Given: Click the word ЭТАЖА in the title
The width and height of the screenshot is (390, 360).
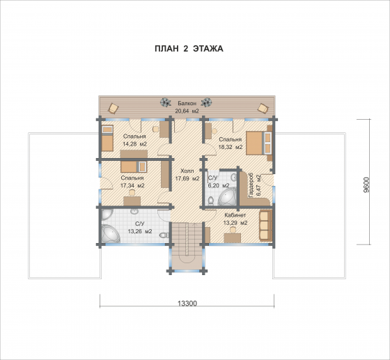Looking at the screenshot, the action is click(208, 49).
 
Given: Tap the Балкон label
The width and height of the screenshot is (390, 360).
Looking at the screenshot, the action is click(187, 104).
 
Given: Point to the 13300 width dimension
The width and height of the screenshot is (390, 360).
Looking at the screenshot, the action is click(187, 304).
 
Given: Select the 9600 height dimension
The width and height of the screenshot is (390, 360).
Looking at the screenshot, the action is click(366, 185).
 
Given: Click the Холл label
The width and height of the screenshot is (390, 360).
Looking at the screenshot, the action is click(187, 171).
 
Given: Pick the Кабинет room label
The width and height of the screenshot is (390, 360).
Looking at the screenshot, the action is click(235, 215).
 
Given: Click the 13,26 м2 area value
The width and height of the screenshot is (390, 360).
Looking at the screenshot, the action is click(140, 231).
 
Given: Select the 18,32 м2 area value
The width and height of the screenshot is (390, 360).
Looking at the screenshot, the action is click(231, 147).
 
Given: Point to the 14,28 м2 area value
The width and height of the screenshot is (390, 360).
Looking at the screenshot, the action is click(135, 143).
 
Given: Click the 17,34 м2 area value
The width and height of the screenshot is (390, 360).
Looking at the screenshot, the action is click(132, 185).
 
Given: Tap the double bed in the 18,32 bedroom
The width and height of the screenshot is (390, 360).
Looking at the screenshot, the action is click(259, 143).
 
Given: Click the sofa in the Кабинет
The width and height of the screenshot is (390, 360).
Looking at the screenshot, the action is click(265, 226).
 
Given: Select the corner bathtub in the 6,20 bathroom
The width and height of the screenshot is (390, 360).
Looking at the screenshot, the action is click(228, 197).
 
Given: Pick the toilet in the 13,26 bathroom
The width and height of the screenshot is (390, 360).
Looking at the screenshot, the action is click(164, 235).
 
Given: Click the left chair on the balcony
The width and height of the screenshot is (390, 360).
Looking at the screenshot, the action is click(113, 109).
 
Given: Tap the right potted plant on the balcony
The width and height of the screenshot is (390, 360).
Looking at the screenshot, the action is click(206, 102).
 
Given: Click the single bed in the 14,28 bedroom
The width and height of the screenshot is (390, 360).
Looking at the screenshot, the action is click(107, 139).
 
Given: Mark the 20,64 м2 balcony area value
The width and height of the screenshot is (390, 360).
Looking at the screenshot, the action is click(187, 111).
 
